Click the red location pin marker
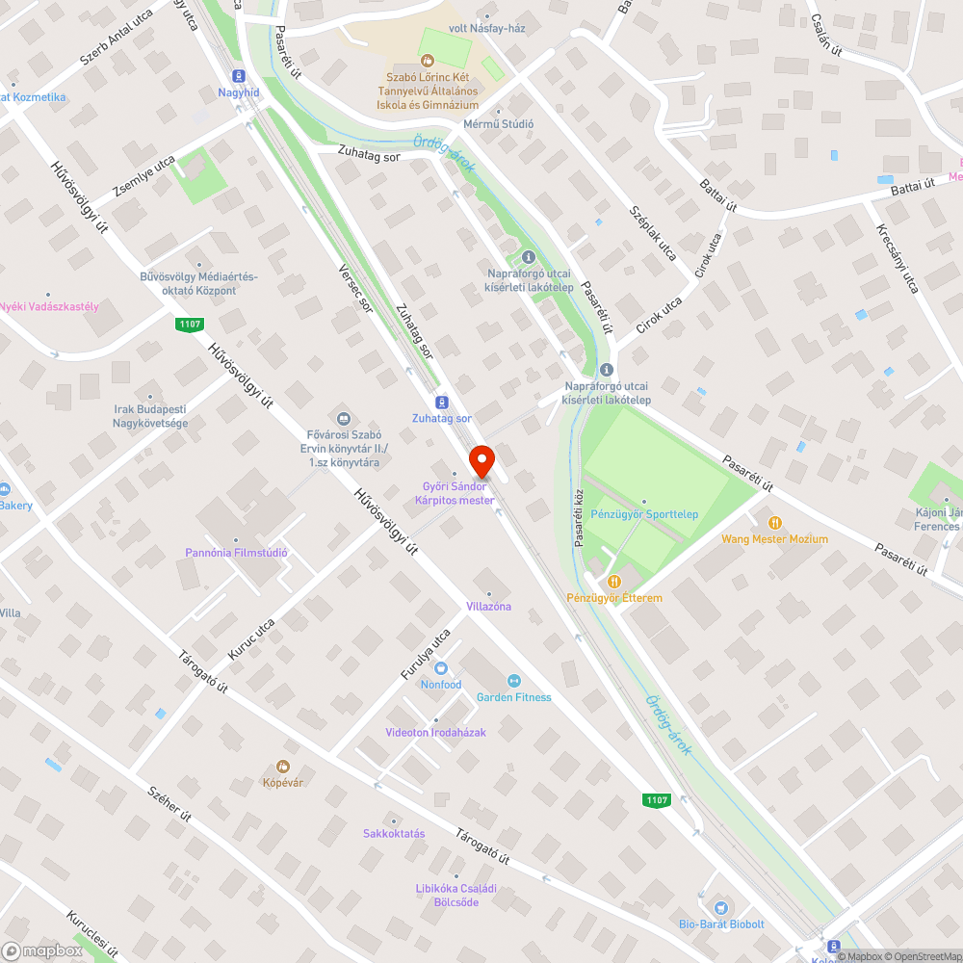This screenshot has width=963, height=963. [481, 460]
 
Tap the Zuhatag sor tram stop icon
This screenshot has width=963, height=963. [441, 402]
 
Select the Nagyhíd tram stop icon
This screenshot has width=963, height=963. [238, 76]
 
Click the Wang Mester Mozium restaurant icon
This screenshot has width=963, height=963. [774, 523]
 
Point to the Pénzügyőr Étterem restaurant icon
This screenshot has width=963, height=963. [613, 582]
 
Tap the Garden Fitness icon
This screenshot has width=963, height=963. [513, 681]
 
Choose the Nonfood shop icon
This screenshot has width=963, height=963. [441, 668]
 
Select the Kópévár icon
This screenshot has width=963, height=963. [283, 767]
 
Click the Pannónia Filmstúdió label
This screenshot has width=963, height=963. [236, 553]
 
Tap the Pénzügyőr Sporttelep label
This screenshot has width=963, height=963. [644, 514]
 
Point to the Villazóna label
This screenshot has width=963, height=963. [488, 607]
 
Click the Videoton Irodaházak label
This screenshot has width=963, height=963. [435, 732]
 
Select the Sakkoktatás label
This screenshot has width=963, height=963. [394, 833]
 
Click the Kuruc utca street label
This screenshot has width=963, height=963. [251, 639]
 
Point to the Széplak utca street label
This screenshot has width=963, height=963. [652, 233]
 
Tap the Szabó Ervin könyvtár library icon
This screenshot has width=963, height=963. [343, 418]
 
